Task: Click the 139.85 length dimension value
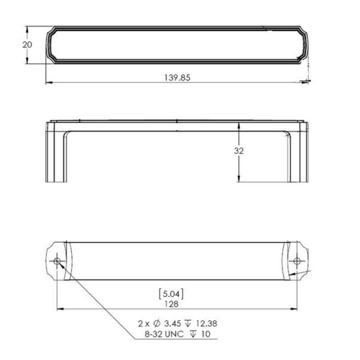point(177,78)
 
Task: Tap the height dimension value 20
point(27,45)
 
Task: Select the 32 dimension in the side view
point(239,151)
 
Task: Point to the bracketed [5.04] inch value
point(171,294)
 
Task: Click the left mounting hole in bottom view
point(57,261)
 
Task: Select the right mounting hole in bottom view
point(297,261)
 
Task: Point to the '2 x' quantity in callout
point(142,324)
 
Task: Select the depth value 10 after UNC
point(206,334)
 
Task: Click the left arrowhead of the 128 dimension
point(60,309)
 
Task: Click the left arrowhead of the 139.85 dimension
point(48,82)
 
